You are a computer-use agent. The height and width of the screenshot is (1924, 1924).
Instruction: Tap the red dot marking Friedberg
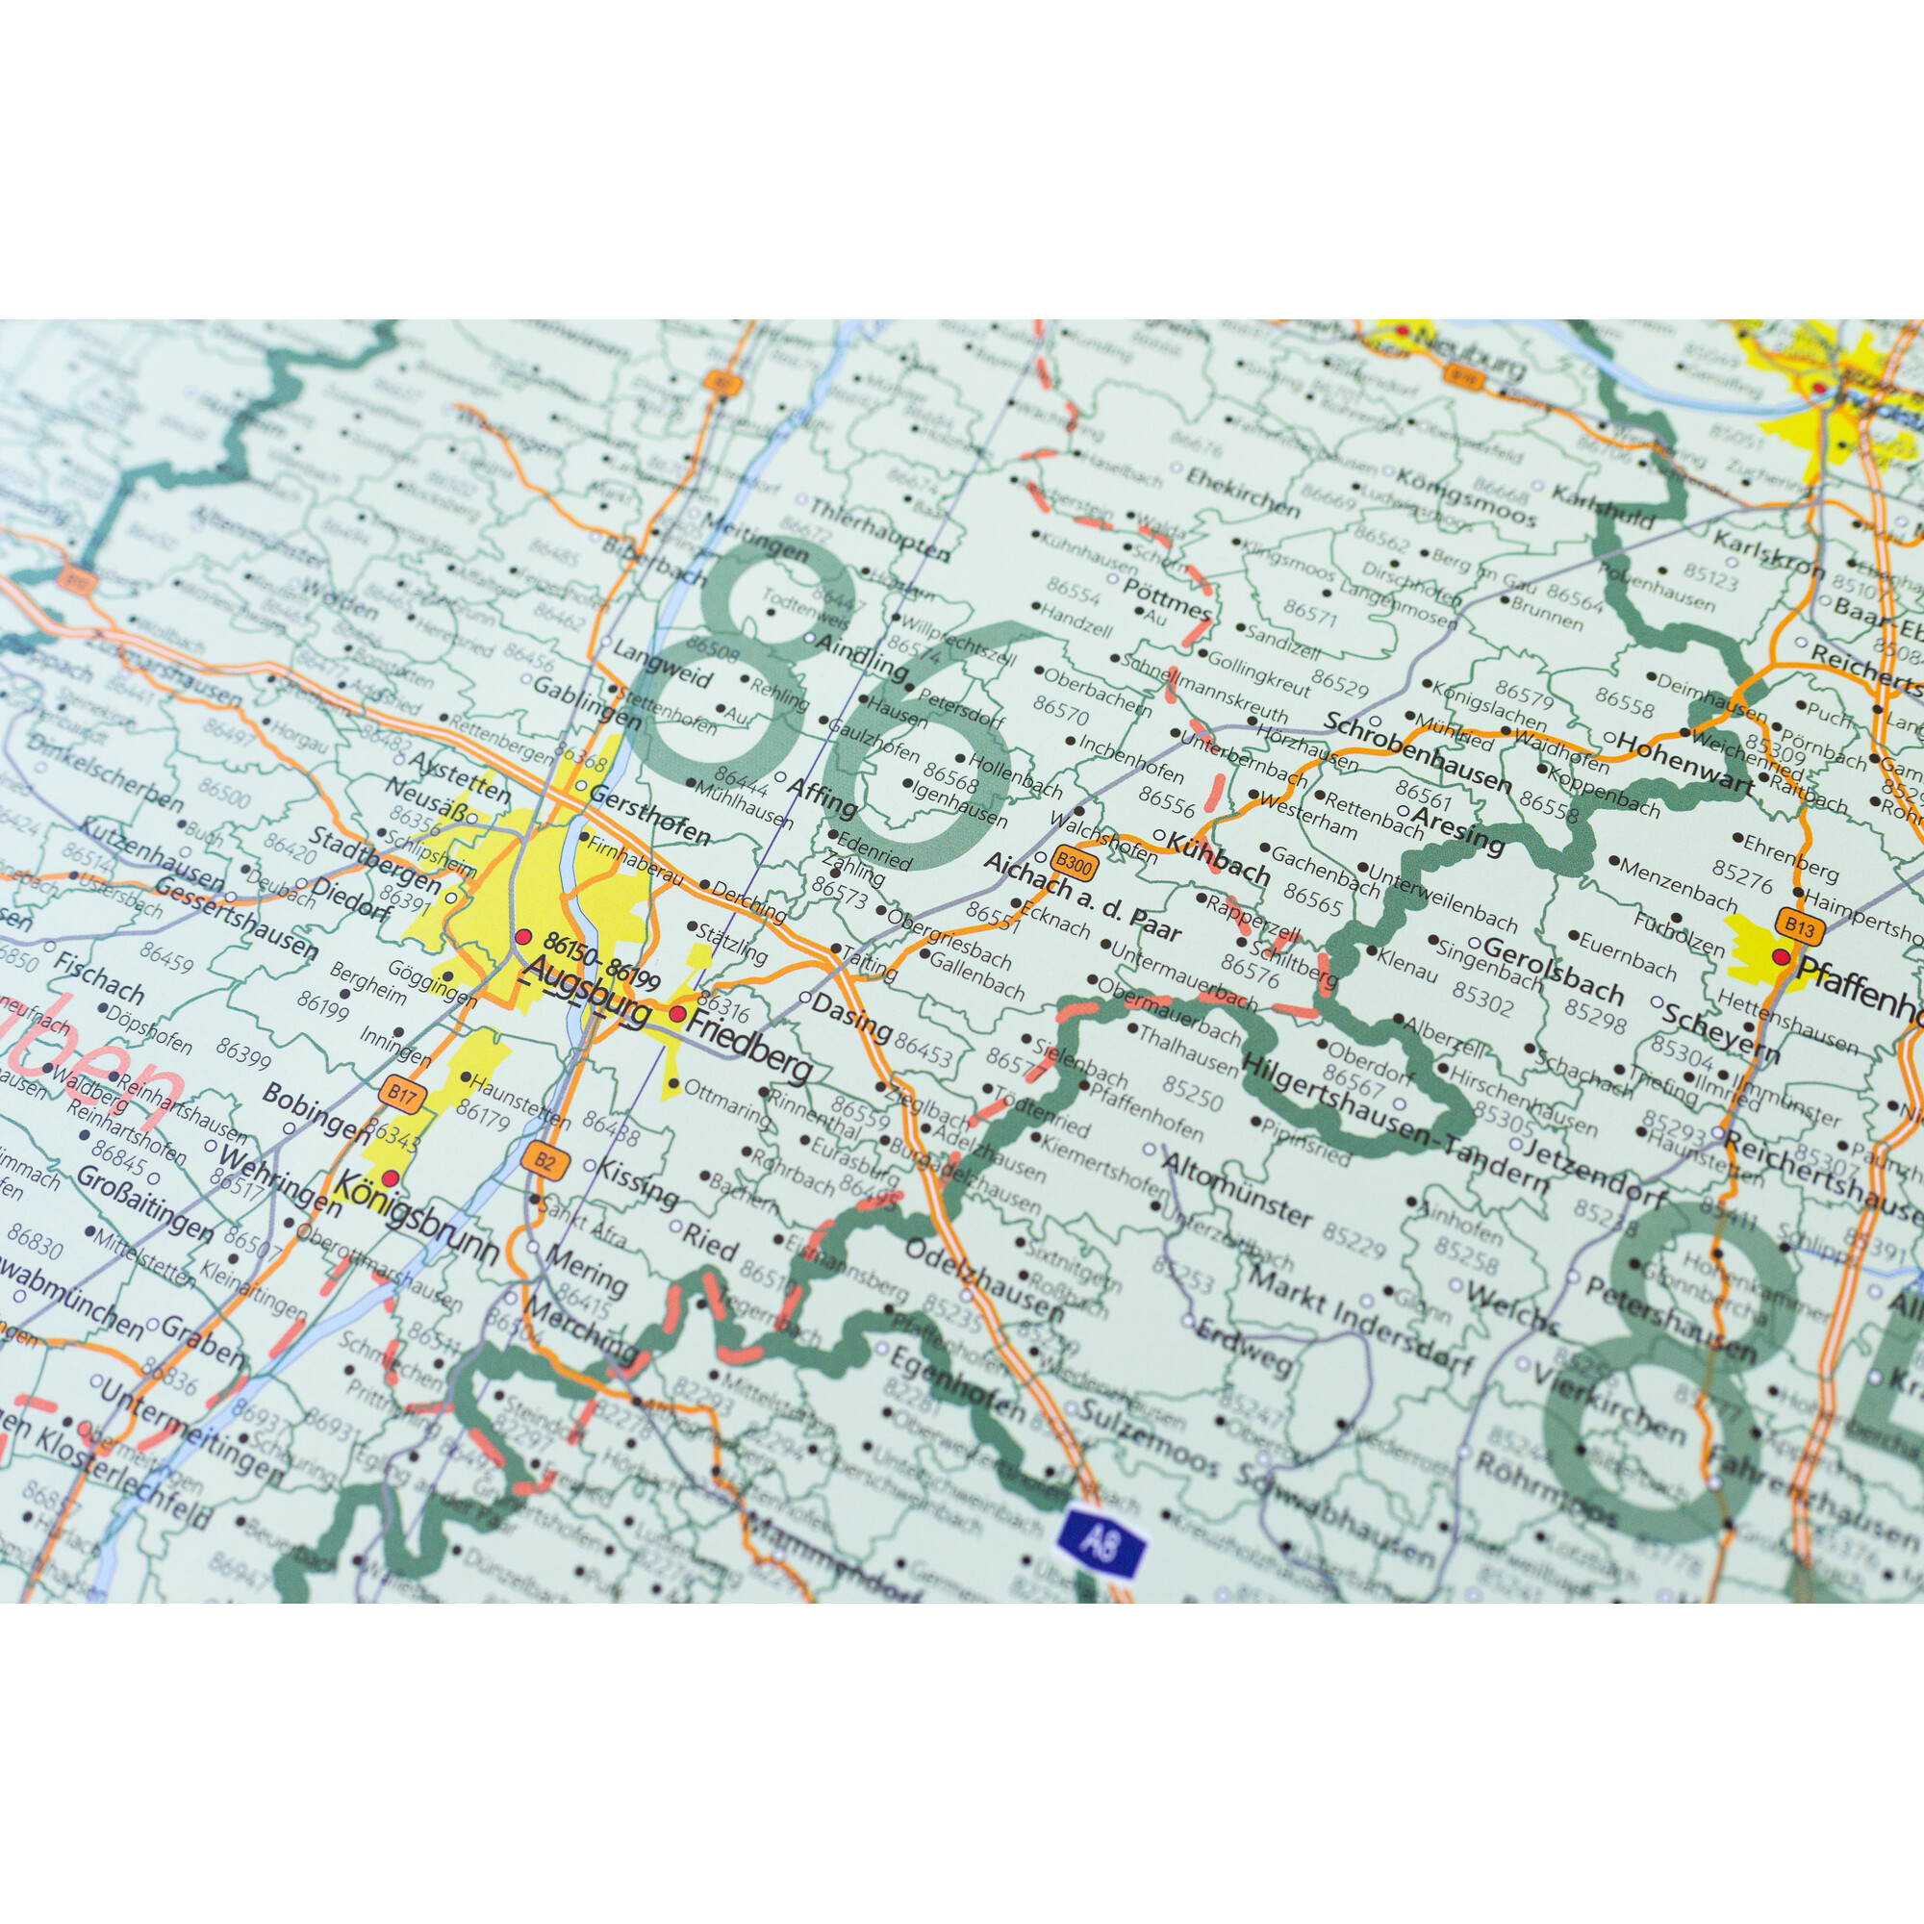(x=678, y=1014)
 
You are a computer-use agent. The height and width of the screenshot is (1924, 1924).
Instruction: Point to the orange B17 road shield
(x=401, y=1097)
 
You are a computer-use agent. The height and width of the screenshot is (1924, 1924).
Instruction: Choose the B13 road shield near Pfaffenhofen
(x=1799, y=927)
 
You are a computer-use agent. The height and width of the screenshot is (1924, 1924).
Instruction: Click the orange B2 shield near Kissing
(x=544, y=1160)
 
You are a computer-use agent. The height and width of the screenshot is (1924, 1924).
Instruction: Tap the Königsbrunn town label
(x=418, y=1217)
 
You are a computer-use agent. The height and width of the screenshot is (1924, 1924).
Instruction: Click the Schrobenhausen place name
(x=1418, y=754)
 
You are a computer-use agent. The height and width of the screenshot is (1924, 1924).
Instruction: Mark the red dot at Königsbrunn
(x=391, y=1178)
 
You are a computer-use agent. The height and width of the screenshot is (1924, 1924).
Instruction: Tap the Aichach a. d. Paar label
(x=1080, y=898)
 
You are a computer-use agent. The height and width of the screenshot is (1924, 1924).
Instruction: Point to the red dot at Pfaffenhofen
(x=1781, y=957)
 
